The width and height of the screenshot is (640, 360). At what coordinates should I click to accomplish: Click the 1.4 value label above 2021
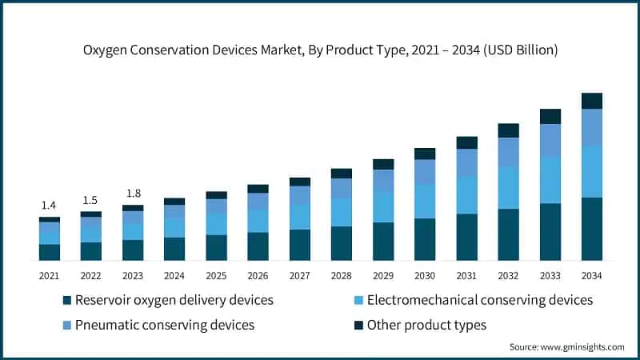(x=50, y=206)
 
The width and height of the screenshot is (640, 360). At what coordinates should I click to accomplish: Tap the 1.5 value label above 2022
(x=91, y=200)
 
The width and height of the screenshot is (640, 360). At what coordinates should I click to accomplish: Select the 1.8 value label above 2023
(x=133, y=193)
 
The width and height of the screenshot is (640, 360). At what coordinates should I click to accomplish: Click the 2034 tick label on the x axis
(x=591, y=275)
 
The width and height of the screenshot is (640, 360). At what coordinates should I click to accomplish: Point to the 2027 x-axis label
(x=300, y=275)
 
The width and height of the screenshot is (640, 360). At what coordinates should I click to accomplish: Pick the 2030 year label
(x=425, y=275)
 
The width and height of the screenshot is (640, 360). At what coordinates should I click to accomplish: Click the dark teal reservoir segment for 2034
(x=591, y=229)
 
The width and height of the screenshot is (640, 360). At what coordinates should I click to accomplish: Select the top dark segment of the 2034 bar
(x=591, y=100)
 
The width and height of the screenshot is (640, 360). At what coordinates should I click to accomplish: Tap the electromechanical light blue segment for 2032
(x=508, y=187)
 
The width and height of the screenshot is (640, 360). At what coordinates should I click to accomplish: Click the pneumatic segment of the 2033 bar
(x=550, y=140)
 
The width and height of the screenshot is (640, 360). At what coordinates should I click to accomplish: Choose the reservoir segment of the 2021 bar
(x=50, y=252)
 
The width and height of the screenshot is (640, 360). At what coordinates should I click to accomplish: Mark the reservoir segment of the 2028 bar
(x=342, y=243)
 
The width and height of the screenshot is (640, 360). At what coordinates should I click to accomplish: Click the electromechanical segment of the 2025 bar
(x=216, y=225)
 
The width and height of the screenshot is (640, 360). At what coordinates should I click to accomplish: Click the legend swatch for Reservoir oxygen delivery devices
(x=67, y=301)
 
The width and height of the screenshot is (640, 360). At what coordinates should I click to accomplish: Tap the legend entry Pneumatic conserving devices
(x=164, y=325)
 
